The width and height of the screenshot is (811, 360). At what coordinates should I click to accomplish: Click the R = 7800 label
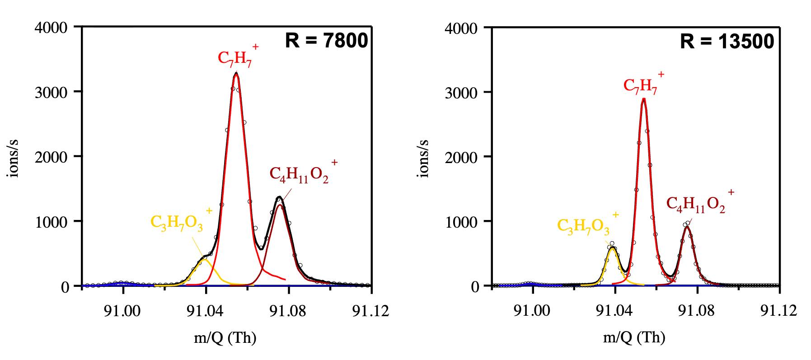326,41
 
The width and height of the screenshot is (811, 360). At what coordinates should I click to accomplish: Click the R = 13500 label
727,42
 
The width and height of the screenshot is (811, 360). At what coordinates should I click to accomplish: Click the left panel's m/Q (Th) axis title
225,338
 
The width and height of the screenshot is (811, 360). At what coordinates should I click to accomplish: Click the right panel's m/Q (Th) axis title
634,338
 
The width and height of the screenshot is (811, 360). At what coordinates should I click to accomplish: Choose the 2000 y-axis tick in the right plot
461,157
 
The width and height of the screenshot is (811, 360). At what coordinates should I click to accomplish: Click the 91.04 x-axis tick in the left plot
206,312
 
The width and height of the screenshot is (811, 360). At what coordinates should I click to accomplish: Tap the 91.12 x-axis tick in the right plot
779,312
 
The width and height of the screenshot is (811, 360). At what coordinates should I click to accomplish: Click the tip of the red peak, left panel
236,74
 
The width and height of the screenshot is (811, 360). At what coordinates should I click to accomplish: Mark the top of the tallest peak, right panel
644,98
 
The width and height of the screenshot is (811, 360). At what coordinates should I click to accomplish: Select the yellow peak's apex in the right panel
613,248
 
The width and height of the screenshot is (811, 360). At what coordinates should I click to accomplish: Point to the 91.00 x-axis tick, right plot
533,312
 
